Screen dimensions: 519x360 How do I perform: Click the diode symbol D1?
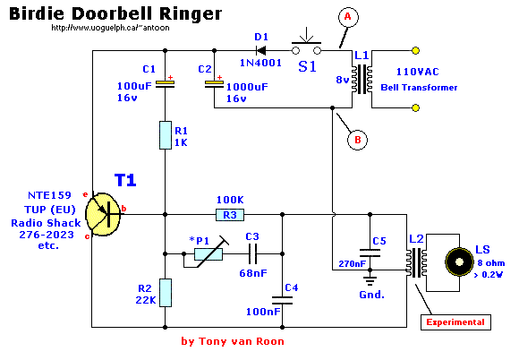click(x=261, y=51)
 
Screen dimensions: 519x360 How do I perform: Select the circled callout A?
click(x=348, y=17)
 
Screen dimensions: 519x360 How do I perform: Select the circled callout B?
click(x=357, y=140)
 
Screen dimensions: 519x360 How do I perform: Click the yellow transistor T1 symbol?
click(x=103, y=214)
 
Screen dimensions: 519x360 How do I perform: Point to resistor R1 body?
click(x=166, y=135)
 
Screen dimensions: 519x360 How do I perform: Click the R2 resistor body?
click(x=166, y=293)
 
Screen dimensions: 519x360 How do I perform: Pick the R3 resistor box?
click(x=230, y=215)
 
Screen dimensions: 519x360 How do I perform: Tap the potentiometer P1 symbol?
click(x=208, y=254)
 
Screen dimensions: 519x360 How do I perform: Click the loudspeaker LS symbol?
click(x=459, y=262)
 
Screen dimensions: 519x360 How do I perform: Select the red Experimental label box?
click(x=455, y=322)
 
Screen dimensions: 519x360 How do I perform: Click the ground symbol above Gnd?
click(x=370, y=280)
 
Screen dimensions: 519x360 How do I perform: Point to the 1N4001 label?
click(x=260, y=63)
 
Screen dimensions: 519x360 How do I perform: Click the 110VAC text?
click(x=417, y=72)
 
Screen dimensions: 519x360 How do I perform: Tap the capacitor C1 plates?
click(x=165, y=84)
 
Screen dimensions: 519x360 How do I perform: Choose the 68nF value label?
click(x=253, y=273)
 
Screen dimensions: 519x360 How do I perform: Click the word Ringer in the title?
click(x=191, y=14)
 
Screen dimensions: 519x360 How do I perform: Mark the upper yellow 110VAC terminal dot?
click(x=415, y=51)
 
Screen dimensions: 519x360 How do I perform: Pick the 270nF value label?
click(x=353, y=264)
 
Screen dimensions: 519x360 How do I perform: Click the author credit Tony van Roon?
click(x=241, y=341)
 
